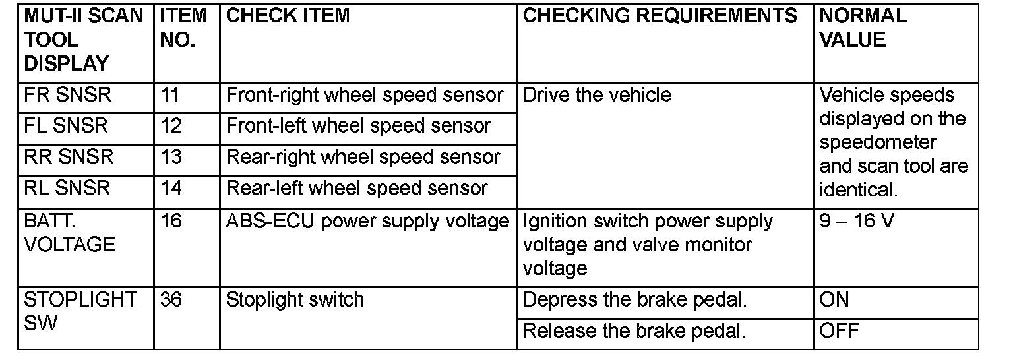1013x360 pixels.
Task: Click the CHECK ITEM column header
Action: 288,16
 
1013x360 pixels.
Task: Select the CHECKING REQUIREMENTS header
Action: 660,16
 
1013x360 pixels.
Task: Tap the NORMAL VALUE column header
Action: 863,28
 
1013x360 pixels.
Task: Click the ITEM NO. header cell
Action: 183,28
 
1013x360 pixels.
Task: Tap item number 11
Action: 171,95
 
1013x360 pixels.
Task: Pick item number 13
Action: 171,157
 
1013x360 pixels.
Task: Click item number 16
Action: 171,221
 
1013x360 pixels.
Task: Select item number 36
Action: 171,300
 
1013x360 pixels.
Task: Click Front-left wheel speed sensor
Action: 358,126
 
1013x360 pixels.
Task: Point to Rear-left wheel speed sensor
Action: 357,188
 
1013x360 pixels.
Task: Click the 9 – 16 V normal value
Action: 857,221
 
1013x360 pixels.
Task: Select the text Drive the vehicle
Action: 597,95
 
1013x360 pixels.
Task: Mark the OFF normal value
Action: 840,331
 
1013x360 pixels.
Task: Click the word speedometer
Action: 878,142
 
